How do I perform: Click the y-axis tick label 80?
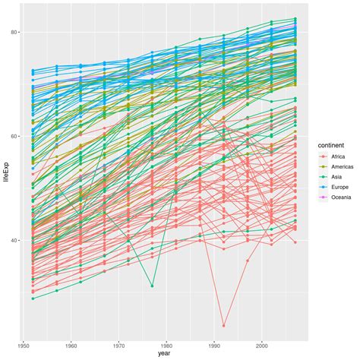(14, 33)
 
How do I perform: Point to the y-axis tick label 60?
(14, 136)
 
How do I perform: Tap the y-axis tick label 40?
(14, 240)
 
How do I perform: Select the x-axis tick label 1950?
(27, 343)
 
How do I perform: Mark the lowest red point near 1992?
(224, 325)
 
